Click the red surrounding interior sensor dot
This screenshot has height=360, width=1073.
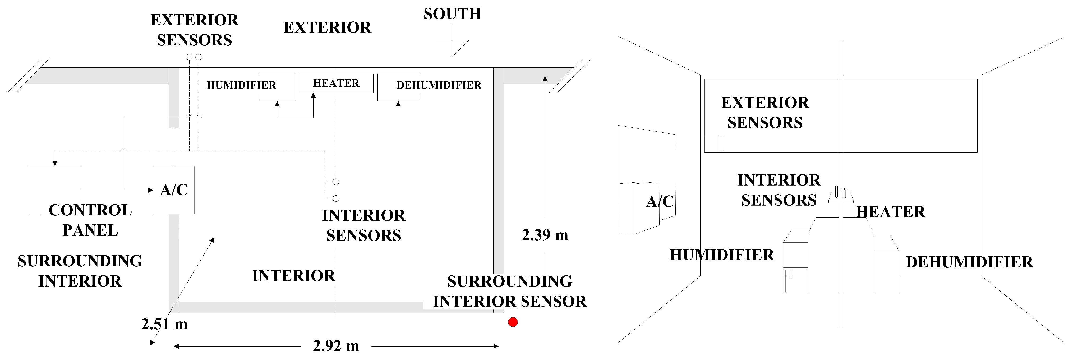[513, 322]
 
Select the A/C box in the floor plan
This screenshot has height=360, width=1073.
[174, 190]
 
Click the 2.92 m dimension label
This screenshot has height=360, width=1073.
[336, 346]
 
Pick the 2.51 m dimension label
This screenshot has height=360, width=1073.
[164, 324]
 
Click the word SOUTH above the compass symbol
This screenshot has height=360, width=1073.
[452, 14]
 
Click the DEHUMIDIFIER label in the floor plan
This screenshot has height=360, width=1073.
[439, 85]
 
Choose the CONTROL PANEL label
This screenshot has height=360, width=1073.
[90, 220]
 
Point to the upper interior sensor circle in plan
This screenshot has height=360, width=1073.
[336, 182]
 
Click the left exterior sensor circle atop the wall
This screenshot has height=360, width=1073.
[189, 57]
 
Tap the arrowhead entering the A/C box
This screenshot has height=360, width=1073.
[150, 190]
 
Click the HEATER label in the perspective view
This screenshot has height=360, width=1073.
[891, 212]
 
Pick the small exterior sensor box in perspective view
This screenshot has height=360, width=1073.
[715, 144]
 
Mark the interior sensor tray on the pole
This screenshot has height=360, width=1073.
[841, 197]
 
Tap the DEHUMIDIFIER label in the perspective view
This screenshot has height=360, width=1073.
[969, 262]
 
